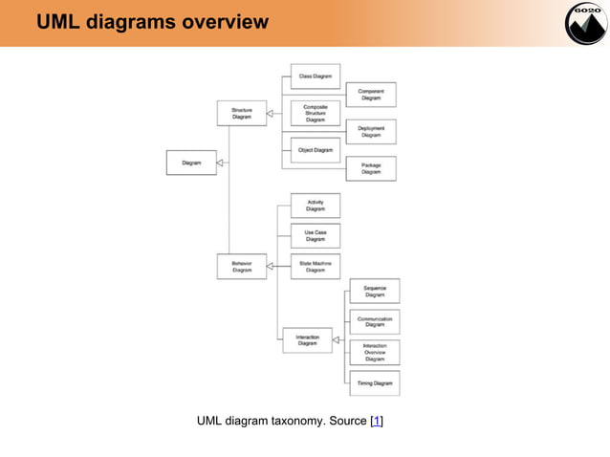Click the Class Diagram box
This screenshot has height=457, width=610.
point(315,76)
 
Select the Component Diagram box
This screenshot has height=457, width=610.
point(371,95)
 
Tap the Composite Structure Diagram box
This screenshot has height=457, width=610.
point(315,113)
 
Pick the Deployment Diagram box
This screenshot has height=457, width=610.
point(371,132)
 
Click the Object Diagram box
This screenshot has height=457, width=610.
point(315,150)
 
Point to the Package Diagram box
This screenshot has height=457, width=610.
point(371,169)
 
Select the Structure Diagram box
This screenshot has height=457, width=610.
point(241,114)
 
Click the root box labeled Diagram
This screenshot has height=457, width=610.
point(191,163)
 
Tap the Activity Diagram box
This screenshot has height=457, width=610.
point(315,206)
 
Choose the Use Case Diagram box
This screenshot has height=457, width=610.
point(315,236)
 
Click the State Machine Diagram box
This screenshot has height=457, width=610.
point(315,267)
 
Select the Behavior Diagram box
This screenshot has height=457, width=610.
point(241,267)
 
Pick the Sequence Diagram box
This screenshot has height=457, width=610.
point(375,292)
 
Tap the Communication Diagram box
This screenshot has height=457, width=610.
point(375,322)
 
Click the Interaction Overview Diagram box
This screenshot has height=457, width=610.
point(375,353)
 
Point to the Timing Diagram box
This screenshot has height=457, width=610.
point(375,383)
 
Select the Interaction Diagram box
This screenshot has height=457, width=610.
point(307,340)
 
